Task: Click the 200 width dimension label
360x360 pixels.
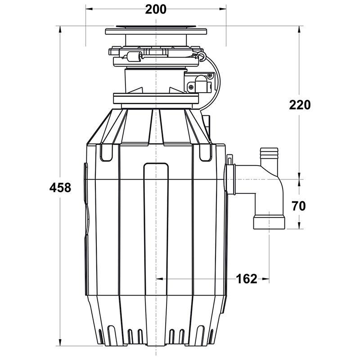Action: [x=156, y=9]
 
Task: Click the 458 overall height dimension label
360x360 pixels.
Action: [x=60, y=188]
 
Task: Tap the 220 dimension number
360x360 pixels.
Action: [x=300, y=105]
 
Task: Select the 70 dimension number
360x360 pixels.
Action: [x=299, y=206]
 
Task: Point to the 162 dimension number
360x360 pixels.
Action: [x=247, y=279]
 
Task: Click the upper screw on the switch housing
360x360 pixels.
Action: [x=209, y=75]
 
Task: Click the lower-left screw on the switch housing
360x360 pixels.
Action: [x=191, y=87]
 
